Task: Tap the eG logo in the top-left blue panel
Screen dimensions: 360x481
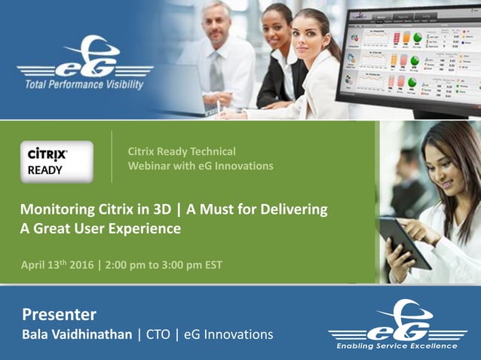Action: (x=84, y=56)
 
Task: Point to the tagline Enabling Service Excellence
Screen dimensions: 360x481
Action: (x=397, y=346)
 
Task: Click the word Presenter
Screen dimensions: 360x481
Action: (x=59, y=313)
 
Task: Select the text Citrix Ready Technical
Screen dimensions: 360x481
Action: (x=182, y=151)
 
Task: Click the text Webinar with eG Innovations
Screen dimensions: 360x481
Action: (x=200, y=166)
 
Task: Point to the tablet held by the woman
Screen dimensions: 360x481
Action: (x=405, y=240)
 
